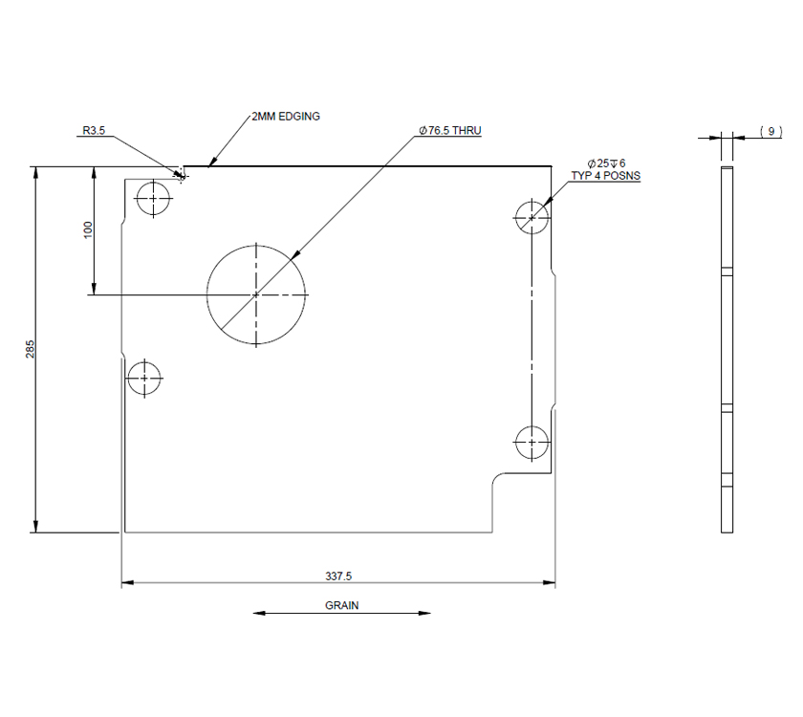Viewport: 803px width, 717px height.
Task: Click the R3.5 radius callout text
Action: click(x=93, y=131)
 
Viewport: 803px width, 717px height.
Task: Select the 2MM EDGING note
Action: click(x=285, y=117)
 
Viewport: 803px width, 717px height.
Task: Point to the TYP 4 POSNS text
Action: click(x=605, y=177)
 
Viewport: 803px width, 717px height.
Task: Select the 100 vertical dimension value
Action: click(x=88, y=229)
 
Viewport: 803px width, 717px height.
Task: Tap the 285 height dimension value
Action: click(x=31, y=349)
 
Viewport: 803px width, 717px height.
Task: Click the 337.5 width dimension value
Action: click(x=338, y=576)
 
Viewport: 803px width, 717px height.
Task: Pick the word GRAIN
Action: click(x=341, y=605)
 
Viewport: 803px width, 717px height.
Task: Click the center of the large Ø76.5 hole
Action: click(x=256, y=294)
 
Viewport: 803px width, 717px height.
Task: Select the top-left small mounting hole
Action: click(x=153, y=199)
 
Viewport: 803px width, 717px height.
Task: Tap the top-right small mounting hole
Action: click(x=532, y=217)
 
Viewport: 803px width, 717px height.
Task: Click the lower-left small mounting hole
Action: click(x=144, y=378)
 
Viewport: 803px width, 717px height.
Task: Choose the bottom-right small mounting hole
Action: click(x=532, y=442)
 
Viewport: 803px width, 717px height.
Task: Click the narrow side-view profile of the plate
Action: click(x=727, y=349)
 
